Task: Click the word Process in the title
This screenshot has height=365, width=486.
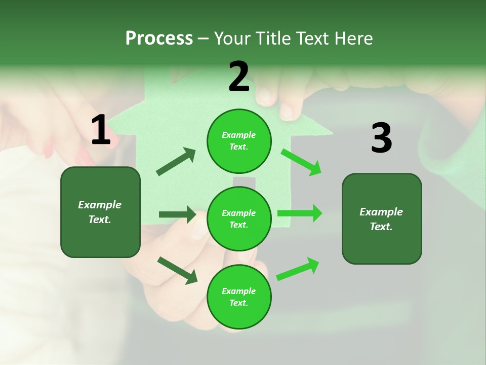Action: (x=159, y=39)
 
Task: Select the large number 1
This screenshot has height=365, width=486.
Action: (x=101, y=130)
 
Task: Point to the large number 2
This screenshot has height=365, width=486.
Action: (x=239, y=77)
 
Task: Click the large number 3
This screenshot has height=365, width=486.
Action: (x=382, y=138)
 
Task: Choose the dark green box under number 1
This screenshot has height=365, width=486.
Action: (x=100, y=212)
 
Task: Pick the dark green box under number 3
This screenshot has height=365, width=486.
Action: (x=382, y=219)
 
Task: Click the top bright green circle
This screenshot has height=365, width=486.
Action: (x=239, y=141)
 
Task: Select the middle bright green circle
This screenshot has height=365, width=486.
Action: (x=239, y=219)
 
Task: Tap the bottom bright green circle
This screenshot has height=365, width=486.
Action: (x=239, y=297)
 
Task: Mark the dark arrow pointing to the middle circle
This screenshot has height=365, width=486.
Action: (x=177, y=214)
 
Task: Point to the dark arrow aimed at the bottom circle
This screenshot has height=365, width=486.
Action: (x=178, y=270)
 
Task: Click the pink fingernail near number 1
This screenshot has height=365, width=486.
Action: (x=49, y=150)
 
